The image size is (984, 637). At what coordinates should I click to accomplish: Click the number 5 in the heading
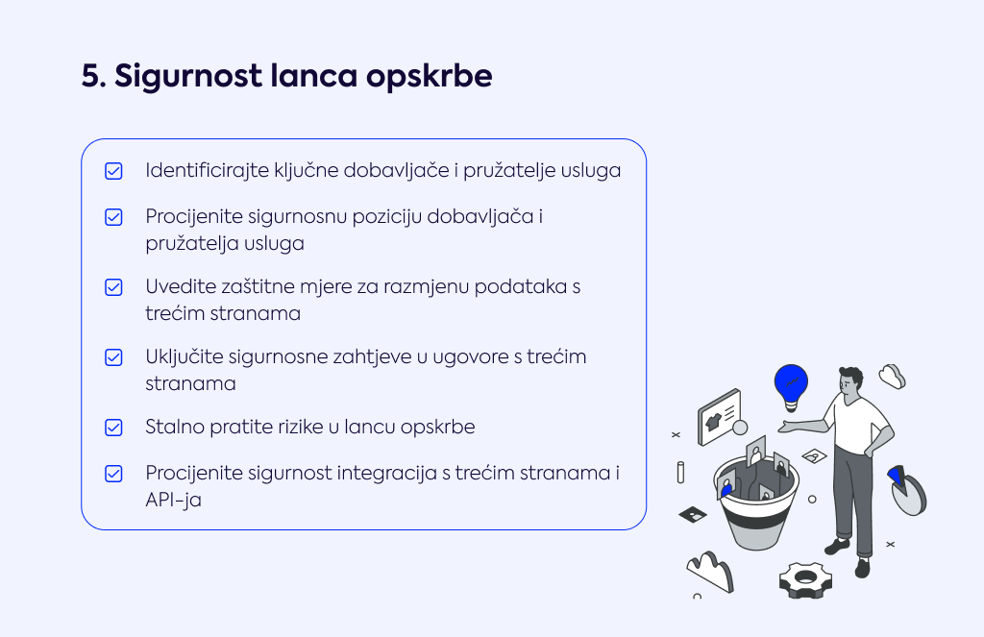[x=93, y=76]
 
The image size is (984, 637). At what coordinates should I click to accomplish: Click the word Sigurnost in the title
[x=188, y=77]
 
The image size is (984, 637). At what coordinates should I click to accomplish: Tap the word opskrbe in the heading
[x=430, y=77]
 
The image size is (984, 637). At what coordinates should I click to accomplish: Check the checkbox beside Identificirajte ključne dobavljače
[x=113, y=171]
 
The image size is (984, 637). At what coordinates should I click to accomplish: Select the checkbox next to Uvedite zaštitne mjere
[x=113, y=287]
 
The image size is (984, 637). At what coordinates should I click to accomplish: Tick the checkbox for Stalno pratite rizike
[x=113, y=428]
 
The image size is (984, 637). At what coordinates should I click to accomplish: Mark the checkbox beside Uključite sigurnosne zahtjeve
[x=113, y=357]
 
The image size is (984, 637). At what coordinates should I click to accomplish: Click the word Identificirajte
[x=208, y=171]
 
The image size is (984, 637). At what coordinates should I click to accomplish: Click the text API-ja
[x=173, y=500]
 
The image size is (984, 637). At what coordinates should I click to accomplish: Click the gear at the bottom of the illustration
[x=805, y=580]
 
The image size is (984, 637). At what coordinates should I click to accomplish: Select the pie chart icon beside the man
[x=907, y=490]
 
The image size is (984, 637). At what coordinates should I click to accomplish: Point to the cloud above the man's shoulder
[x=892, y=377]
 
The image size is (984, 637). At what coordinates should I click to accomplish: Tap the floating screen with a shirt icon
[x=720, y=417]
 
